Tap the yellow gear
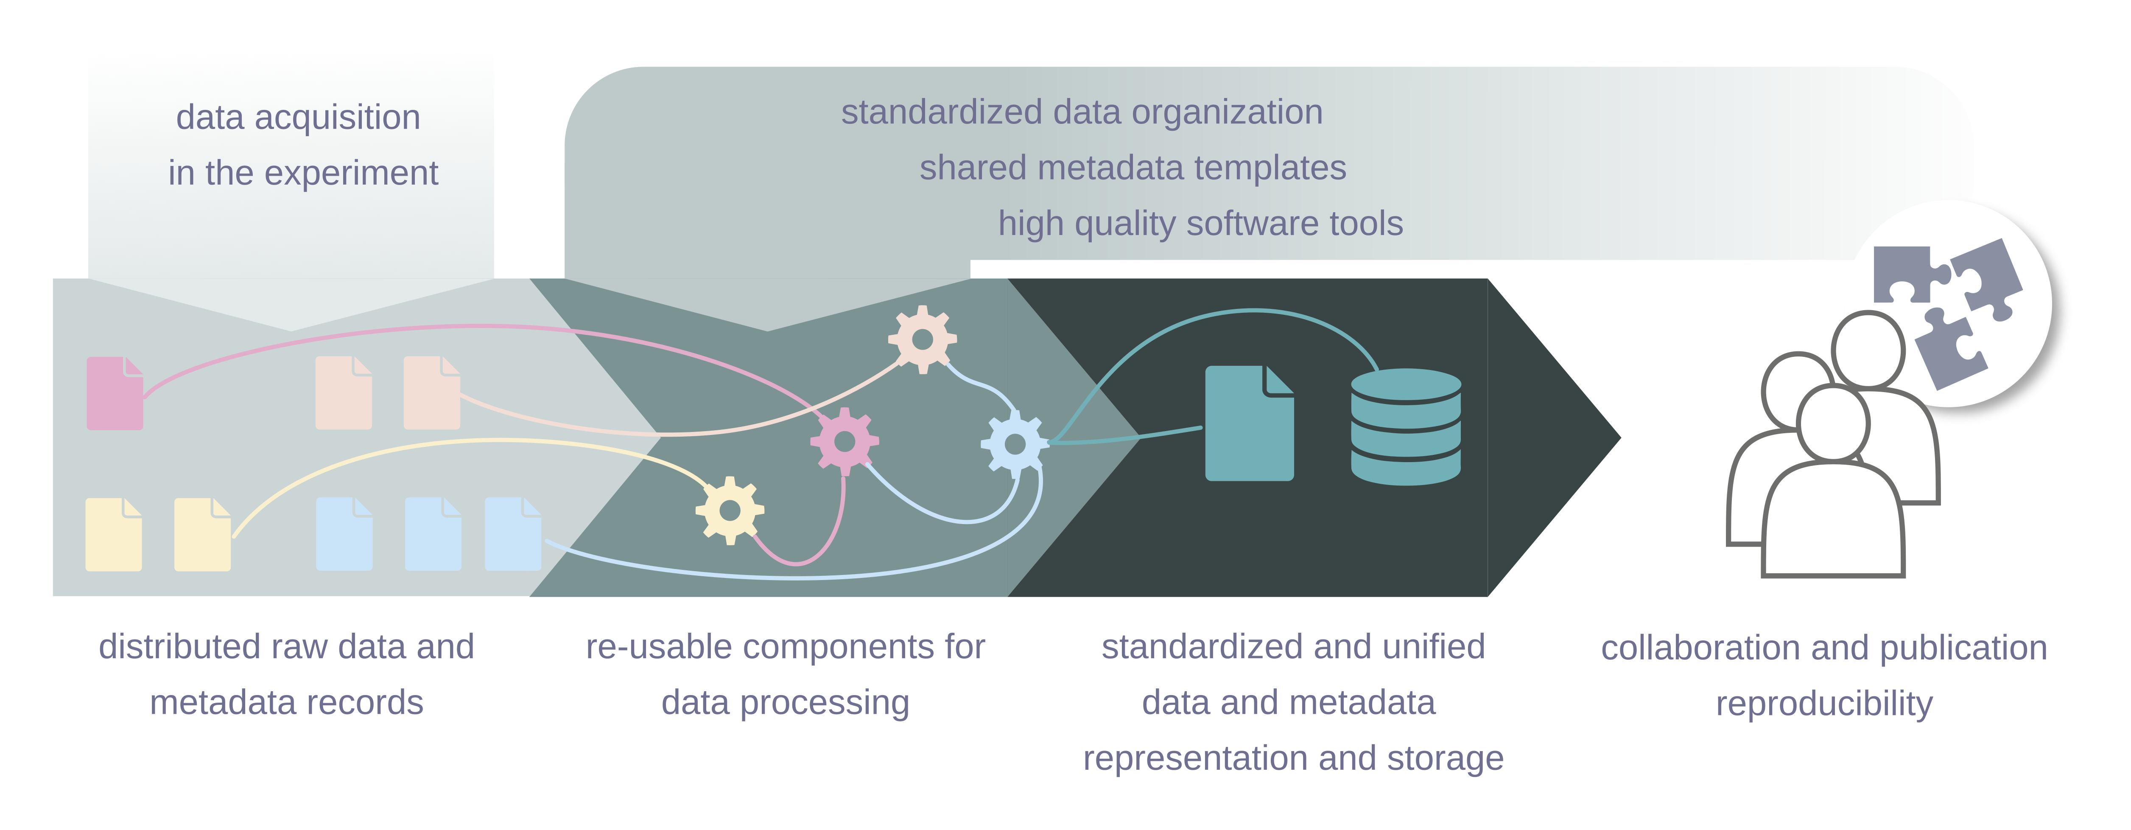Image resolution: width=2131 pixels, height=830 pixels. [x=730, y=510]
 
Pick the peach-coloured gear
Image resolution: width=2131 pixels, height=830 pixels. [x=923, y=339]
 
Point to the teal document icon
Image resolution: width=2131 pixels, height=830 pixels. [x=1249, y=423]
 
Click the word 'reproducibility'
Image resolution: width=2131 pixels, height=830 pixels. [x=1824, y=704]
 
